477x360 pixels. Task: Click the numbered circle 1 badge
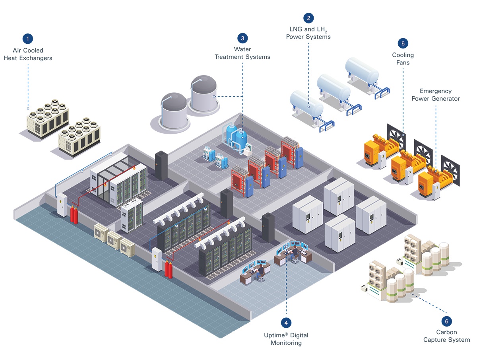27,39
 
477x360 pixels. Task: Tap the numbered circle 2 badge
308,18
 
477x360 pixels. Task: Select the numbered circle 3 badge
242,38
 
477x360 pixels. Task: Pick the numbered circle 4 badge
286,322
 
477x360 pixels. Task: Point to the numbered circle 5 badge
403,43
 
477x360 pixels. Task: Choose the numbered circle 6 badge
446,321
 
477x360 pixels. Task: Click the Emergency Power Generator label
435,95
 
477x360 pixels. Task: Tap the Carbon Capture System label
446,336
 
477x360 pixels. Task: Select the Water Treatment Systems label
242,53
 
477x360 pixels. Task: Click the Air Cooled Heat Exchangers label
28,54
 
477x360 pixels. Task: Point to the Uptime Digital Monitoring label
286,339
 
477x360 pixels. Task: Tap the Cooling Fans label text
403,58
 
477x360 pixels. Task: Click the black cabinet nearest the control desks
268,227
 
